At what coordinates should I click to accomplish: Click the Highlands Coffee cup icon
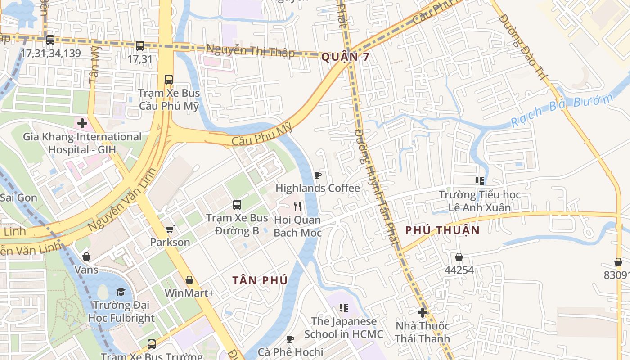click(x=318, y=175)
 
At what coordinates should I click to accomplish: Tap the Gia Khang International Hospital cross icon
click(x=82, y=123)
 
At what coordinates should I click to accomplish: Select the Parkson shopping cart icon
click(x=170, y=229)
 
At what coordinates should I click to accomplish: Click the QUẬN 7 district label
click(x=345, y=57)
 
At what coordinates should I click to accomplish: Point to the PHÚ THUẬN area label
click(x=442, y=230)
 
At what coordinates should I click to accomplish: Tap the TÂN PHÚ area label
click(x=260, y=280)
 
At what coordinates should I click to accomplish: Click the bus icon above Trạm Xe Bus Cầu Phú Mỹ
click(x=169, y=80)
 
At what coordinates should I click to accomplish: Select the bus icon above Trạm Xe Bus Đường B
click(x=237, y=205)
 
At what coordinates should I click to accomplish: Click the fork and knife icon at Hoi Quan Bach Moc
click(x=297, y=207)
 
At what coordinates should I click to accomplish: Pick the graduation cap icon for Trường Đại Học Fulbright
click(x=121, y=292)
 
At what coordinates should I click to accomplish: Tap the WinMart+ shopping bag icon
click(x=189, y=280)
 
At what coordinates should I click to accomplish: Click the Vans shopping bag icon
click(x=86, y=256)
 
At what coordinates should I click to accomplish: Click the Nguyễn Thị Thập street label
click(x=250, y=50)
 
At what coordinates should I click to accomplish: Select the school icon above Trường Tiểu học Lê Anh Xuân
click(x=480, y=181)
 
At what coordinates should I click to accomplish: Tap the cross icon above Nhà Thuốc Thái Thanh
click(x=422, y=312)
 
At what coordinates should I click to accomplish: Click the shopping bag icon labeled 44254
click(x=459, y=257)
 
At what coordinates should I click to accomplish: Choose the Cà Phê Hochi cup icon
click(x=290, y=339)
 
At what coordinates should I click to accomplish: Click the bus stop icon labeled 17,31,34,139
click(x=50, y=40)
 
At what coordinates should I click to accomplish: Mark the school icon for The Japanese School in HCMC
click(x=344, y=308)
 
